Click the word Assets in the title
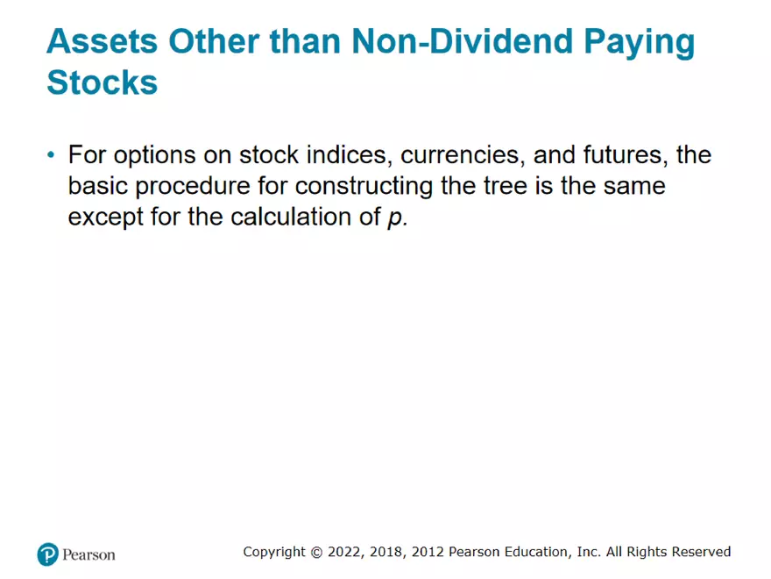103,41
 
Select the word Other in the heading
214,41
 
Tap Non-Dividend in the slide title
463,41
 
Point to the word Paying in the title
640,43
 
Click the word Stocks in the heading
103,82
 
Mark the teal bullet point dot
51,155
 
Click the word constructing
364,187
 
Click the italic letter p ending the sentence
395,219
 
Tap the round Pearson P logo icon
47,554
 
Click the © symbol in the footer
316,553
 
